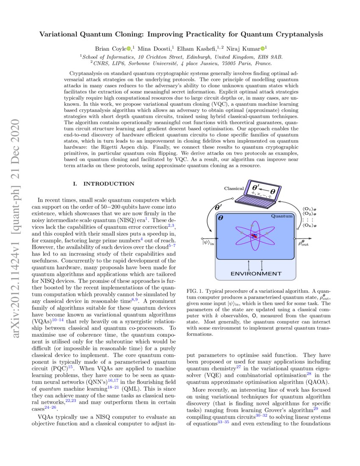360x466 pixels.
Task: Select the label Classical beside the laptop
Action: coord(234,188)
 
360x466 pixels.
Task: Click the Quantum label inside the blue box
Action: coord(282,216)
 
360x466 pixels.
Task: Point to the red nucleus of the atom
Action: coord(254,236)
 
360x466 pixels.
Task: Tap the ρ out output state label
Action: coord(307,243)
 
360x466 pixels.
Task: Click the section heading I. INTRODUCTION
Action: coord(104,183)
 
